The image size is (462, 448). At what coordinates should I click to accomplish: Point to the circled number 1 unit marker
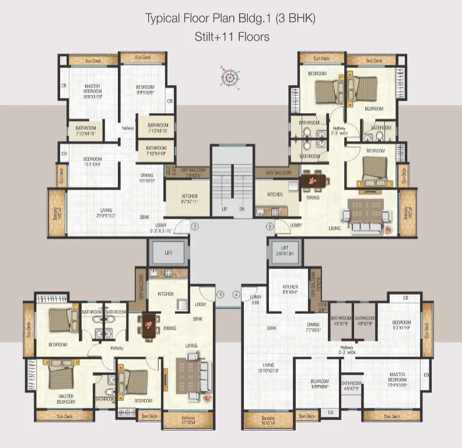(x=220, y=295)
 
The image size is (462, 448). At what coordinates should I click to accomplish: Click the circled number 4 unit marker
(x=236, y=295)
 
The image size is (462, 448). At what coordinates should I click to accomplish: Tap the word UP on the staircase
(x=224, y=208)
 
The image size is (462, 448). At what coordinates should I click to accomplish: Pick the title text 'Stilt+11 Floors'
(x=232, y=37)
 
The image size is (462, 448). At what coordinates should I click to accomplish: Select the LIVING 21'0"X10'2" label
(x=106, y=213)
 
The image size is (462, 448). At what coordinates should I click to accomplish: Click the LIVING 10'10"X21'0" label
(x=268, y=367)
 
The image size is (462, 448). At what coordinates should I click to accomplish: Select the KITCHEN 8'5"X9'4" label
(x=290, y=289)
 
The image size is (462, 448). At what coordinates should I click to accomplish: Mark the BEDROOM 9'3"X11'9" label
(x=401, y=326)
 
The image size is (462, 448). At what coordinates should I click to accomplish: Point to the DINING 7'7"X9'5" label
(x=314, y=327)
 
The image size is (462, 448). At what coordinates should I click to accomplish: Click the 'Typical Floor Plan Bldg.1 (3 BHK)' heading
(x=230, y=18)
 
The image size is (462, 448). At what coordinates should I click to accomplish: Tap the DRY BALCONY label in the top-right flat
(x=278, y=173)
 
